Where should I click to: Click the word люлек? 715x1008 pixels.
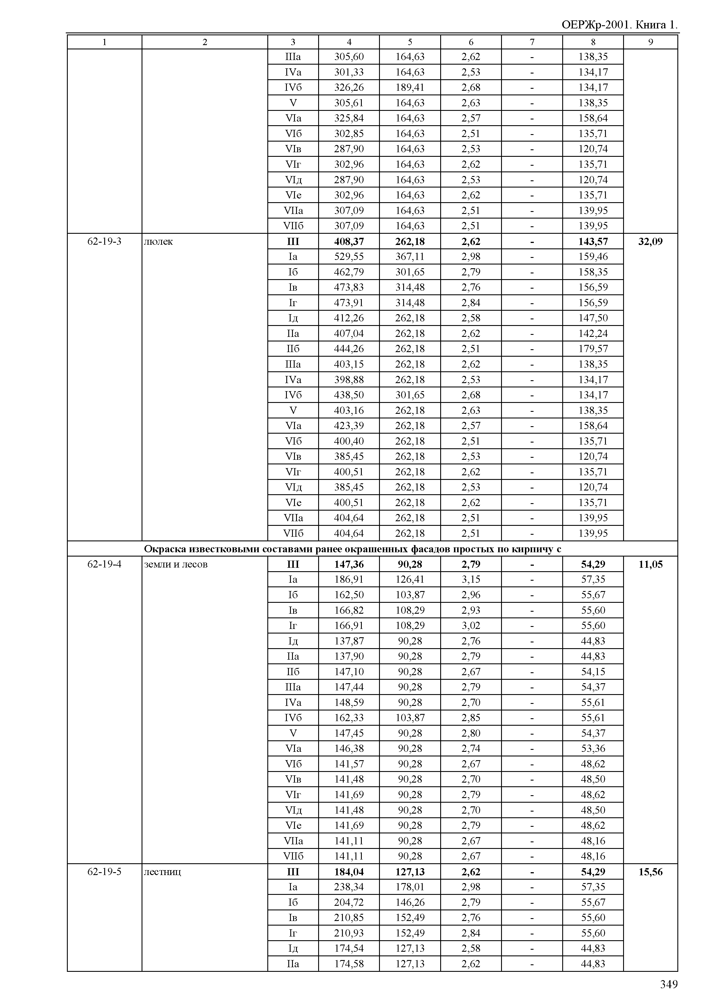pyautogui.click(x=159, y=241)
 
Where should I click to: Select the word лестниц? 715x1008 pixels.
pyautogui.click(x=163, y=872)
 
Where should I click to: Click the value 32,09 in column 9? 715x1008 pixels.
pyautogui.click(x=650, y=241)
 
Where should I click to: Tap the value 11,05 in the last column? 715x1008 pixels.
pyautogui.click(x=650, y=564)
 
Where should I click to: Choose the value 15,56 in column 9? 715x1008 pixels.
pyautogui.click(x=650, y=872)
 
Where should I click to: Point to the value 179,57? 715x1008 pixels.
pyautogui.click(x=593, y=349)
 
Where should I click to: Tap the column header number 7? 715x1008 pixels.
pyautogui.click(x=532, y=42)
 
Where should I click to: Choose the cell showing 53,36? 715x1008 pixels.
pyautogui.click(x=593, y=748)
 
